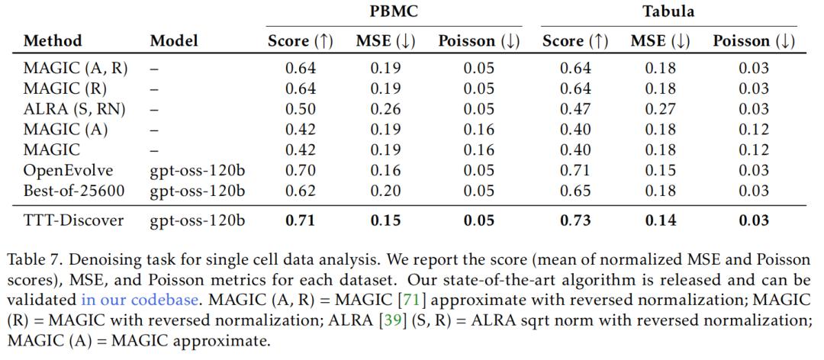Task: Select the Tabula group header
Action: tap(668, 12)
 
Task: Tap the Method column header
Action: tap(53, 41)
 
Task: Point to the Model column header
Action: tap(174, 41)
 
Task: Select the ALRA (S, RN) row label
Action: tap(74, 109)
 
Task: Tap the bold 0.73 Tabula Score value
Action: tap(575, 222)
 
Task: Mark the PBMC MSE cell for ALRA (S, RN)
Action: tap(386, 109)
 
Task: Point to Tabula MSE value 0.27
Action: tap(660, 109)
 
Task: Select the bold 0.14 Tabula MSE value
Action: tap(660, 222)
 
